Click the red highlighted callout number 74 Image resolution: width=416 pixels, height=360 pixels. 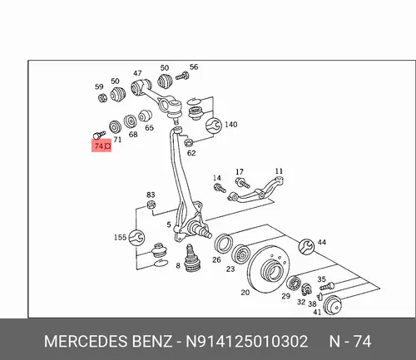click(99, 145)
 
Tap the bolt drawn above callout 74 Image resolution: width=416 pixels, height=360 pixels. click(100, 135)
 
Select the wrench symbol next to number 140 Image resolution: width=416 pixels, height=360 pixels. click(214, 126)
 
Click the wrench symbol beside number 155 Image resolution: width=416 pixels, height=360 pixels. click(136, 238)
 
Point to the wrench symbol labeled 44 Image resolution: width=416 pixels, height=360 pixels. click(306, 246)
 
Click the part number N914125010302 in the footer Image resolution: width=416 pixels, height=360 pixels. click(246, 342)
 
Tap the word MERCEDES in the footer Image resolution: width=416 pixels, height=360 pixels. click(86, 342)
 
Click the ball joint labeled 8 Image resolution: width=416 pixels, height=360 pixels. click(191, 259)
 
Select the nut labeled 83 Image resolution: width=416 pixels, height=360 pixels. click(151, 205)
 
